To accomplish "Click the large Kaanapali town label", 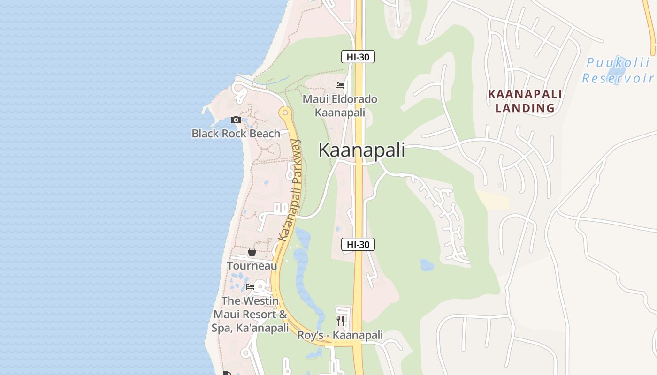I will coord(361,150).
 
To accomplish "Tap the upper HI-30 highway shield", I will coord(358,57).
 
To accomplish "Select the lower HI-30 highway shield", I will coord(358,244).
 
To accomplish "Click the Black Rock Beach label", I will coord(236,134).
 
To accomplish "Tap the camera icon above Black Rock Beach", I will coord(236,120).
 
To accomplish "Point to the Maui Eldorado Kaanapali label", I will coord(340,106).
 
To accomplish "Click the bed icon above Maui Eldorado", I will coord(340,85).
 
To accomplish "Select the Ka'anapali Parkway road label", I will coord(290,190).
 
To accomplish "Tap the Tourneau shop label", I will coord(252,266).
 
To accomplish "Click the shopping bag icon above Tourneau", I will coord(252,252).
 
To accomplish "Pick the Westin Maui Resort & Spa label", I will coord(250,314).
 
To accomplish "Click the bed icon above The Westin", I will coord(250,287).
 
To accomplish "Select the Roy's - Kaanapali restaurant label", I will coord(340,335).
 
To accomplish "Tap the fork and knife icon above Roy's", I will coord(340,321).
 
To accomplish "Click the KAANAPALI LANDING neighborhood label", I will coord(525,101).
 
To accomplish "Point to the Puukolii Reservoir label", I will coord(618,70).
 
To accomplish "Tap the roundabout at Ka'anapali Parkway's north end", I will coord(284,112).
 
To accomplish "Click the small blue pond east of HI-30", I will coord(427,265).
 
